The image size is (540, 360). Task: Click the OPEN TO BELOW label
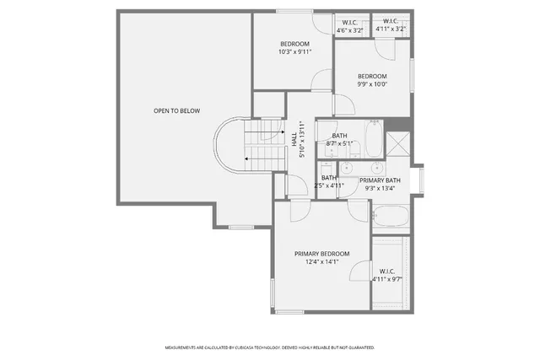(x=176, y=110)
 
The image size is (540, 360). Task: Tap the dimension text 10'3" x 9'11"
(x=294, y=52)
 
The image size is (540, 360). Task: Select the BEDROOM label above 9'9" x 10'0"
(x=372, y=76)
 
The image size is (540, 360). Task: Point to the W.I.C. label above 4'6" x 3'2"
(x=348, y=21)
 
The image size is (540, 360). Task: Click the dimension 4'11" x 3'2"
(x=391, y=30)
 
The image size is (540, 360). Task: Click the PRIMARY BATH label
(x=380, y=180)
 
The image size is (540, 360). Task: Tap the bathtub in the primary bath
(x=390, y=221)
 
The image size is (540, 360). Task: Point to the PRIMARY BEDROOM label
(x=321, y=254)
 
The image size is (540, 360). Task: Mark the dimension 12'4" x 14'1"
(x=321, y=262)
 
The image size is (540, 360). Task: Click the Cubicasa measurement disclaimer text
(x=269, y=347)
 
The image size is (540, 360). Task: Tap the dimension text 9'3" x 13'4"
(x=380, y=189)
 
